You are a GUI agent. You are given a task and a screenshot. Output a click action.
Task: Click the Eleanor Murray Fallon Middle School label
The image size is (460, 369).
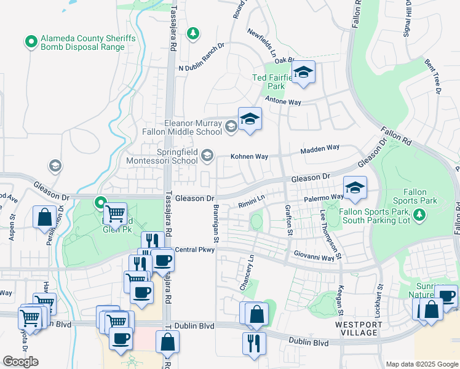pyautogui.click(x=193, y=127)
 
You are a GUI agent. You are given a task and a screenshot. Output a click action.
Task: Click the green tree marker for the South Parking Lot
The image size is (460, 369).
pyautogui.click(x=419, y=215)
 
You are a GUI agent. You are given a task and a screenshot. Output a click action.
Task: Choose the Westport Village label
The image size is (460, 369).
pyautogui.click(x=357, y=328)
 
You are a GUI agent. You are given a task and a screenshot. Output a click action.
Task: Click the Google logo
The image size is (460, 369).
pyautogui.click(x=20, y=362)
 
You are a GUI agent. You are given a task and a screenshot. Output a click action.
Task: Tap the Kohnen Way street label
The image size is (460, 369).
pyautogui.click(x=249, y=157)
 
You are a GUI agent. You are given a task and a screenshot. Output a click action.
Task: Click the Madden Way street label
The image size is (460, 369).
pyautogui.click(x=320, y=149)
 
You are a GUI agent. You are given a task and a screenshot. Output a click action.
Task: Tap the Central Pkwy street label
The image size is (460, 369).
pyautogui.click(x=194, y=250)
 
